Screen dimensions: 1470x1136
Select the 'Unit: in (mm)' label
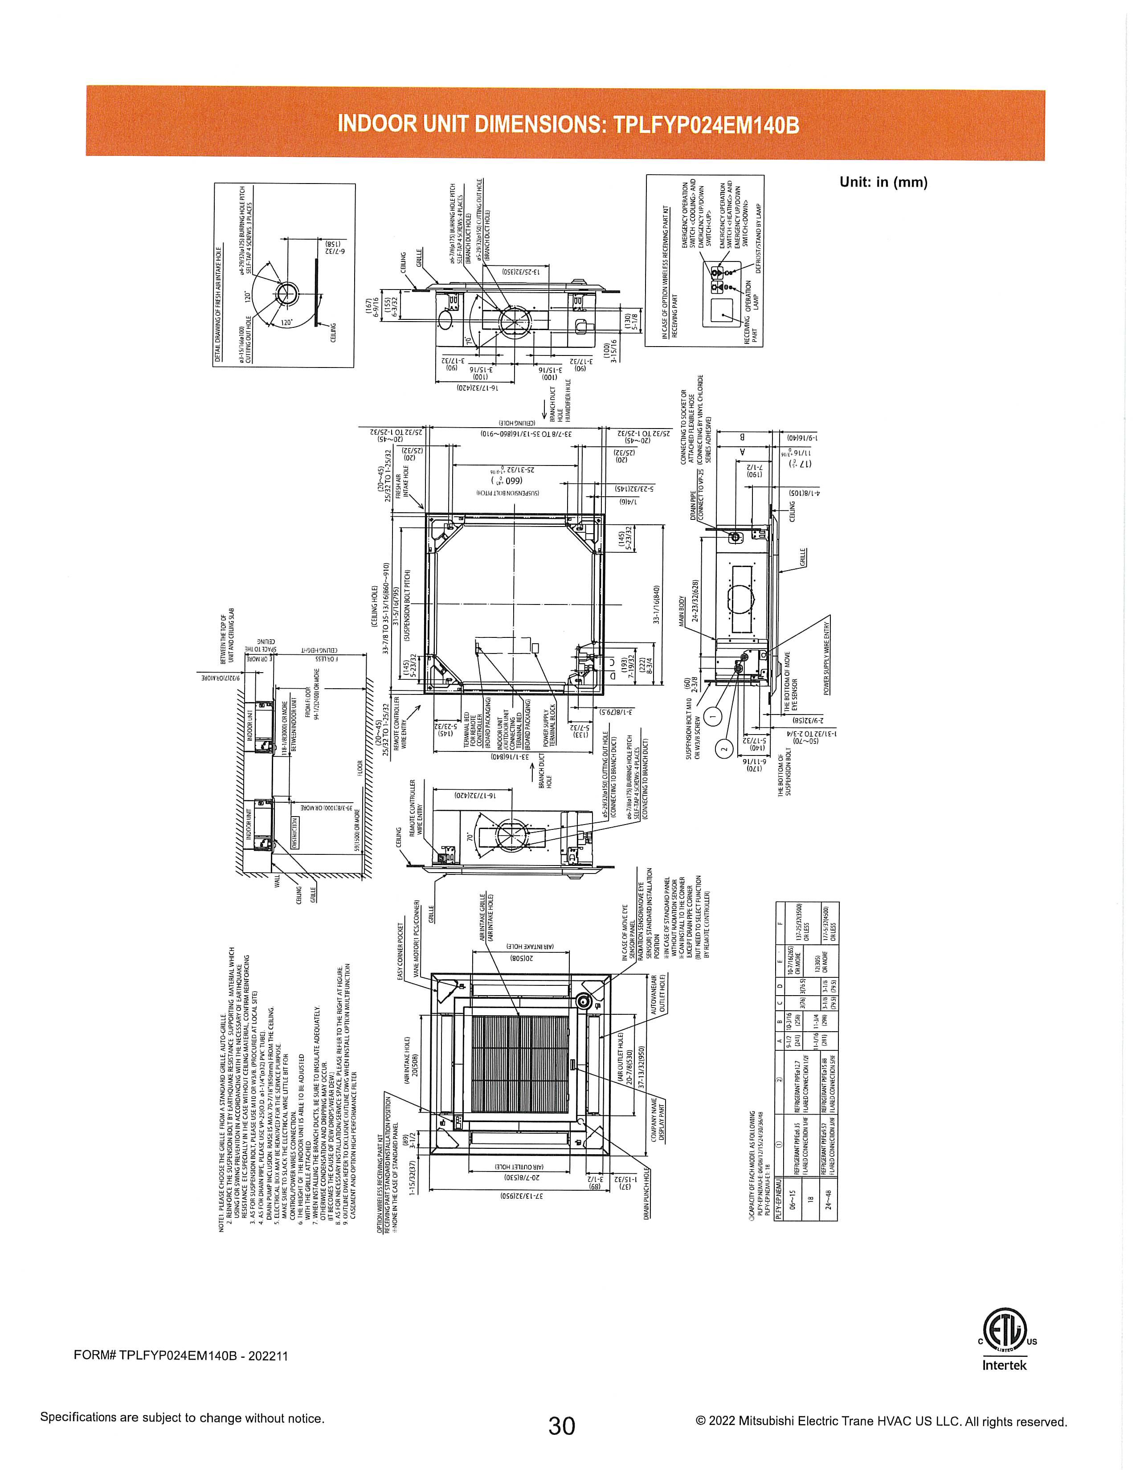(x=883, y=182)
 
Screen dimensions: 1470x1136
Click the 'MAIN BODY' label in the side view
(x=681, y=611)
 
